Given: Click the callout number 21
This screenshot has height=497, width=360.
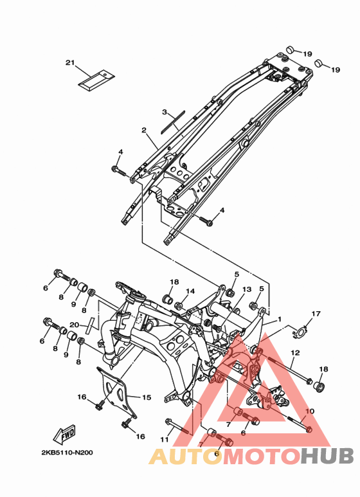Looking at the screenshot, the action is point(70,63).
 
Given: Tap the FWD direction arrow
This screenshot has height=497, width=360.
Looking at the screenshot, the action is point(65,433).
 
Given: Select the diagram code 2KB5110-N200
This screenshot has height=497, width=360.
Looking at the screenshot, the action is point(67,452).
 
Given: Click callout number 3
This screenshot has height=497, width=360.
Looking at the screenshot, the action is point(165,112).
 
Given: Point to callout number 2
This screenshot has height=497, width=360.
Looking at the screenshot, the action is point(144,130).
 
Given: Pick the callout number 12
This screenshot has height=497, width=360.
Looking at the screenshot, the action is point(295,352).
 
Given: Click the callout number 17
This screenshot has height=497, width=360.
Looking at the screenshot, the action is point(316,314).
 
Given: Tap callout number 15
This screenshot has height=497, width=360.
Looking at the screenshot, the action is point(147,397).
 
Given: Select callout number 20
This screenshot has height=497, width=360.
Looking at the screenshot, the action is point(75,325).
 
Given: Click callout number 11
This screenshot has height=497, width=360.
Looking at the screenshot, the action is point(164,440).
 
